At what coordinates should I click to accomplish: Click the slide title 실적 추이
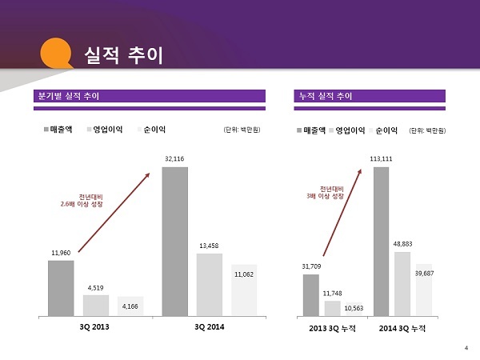pyautogui.click(x=123, y=54)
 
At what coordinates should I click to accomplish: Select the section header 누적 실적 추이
pyautogui.click(x=324, y=96)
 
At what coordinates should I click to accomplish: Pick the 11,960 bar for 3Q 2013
pyautogui.click(x=60, y=288)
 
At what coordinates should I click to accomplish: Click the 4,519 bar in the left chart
pyautogui.click(x=95, y=305)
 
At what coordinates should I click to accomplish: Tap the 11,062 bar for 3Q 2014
pyautogui.click(x=244, y=290)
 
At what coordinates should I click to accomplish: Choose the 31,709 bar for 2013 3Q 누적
pyautogui.click(x=311, y=295)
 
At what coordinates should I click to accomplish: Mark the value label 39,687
pyautogui.click(x=424, y=274)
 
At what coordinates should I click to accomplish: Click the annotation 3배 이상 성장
pyautogui.click(x=326, y=195)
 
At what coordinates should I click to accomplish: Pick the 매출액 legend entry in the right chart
pyautogui.click(x=314, y=129)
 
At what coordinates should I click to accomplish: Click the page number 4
pyautogui.click(x=466, y=346)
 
